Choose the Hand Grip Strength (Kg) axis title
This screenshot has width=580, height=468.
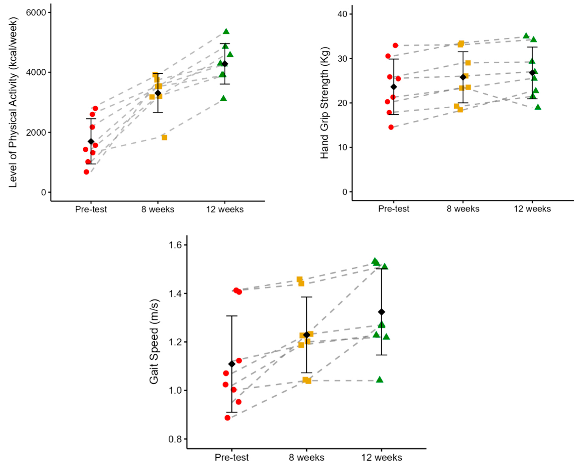click(x=325, y=103)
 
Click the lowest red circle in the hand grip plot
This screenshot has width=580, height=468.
click(x=391, y=127)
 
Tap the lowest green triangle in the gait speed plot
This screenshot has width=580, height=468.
click(x=380, y=380)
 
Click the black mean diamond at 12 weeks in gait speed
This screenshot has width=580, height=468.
click(x=381, y=312)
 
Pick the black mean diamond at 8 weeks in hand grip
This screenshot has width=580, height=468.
click(x=463, y=77)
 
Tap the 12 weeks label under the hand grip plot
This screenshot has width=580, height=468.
click(x=532, y=209)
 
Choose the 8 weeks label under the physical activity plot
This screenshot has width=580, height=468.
click(x=158, y=209)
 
